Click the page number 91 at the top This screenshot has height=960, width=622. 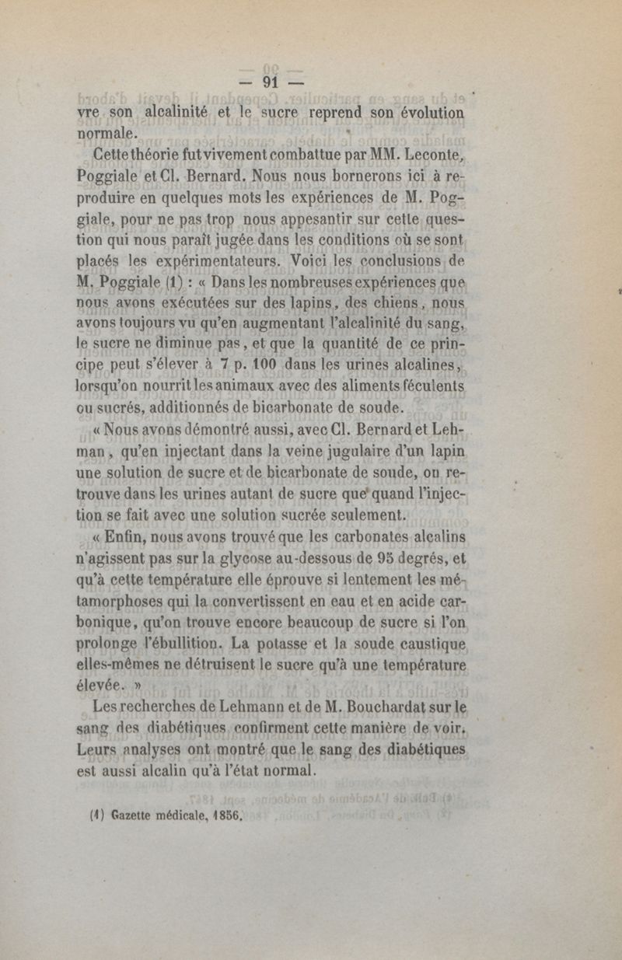(x=272, y=82)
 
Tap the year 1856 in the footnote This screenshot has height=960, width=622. (x=225, y=816)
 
